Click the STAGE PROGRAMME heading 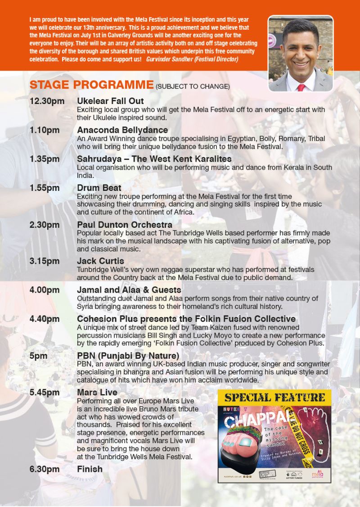coord(92,85)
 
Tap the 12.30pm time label coord(47,101)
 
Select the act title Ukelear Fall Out coord(110,101)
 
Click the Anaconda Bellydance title coord(122,131)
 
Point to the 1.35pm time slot coord(45,159)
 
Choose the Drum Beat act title coord(99,188)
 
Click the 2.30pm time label coord(45,224)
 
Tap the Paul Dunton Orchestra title coord(125,224)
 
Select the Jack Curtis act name coord(100,261)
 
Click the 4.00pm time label coord(45,290)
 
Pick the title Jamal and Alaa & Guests coord(129,290)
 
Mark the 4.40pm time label coord(45,319)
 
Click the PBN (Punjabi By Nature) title coord(128,356)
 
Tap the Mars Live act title coord(97,392)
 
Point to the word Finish coord(90,469)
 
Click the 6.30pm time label coord(45,469)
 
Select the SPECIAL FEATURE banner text coord(274,397)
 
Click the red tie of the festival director coord(301,87)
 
